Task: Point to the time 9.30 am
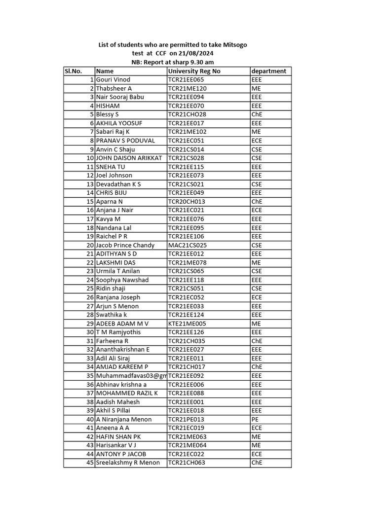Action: (x=199, y=62)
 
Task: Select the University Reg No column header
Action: (x=194, y=71)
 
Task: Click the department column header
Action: (x=268, y=71)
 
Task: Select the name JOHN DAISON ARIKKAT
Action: (x=129, y=158)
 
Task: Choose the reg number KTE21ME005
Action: (x=187, y=324)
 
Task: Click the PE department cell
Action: (x=255, y=419)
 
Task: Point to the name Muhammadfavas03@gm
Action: (x=131, y=376)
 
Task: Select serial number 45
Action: (x=90, y=463)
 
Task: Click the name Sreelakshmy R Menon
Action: (x=128, y=463)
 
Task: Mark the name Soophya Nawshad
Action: (x=122, y=280)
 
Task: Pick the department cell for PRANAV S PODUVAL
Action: (x=256, y=141)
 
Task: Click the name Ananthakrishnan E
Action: (x=122, y=350)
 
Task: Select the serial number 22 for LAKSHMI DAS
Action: (x=90, y=262)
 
